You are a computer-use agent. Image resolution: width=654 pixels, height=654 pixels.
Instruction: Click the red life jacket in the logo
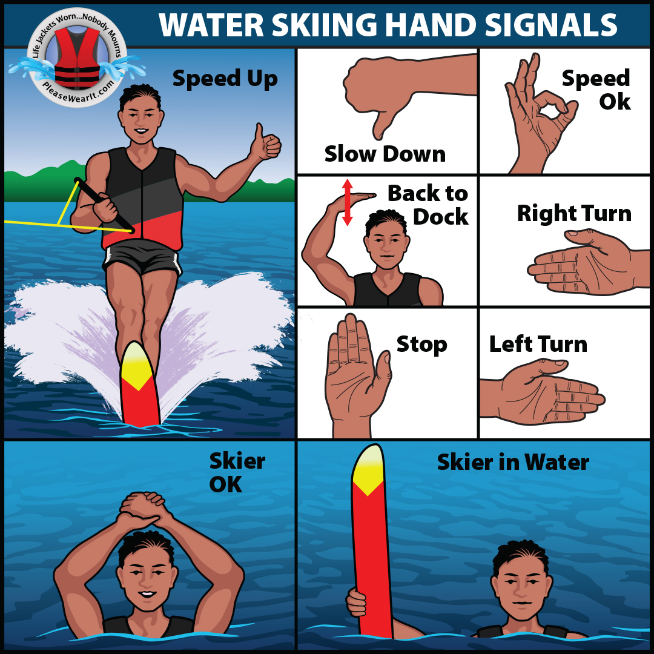77,58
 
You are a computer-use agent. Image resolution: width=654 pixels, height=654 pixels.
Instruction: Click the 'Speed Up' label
225,79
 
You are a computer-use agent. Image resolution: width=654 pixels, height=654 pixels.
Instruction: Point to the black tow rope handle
104,205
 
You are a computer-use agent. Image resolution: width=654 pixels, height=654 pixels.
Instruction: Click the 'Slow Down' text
385,154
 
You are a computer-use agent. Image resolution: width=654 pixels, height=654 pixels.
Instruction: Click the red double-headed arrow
348,202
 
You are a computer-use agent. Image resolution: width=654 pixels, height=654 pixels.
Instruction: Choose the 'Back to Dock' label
428,205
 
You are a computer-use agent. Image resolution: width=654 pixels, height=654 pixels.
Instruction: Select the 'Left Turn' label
538,345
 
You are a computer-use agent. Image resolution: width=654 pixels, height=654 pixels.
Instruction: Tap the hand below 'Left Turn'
542,392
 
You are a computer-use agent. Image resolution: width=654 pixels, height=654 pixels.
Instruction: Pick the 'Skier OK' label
237,472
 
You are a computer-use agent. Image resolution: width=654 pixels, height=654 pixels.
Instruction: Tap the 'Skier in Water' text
513,463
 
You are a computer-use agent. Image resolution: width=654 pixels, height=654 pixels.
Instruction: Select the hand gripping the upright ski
357,603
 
